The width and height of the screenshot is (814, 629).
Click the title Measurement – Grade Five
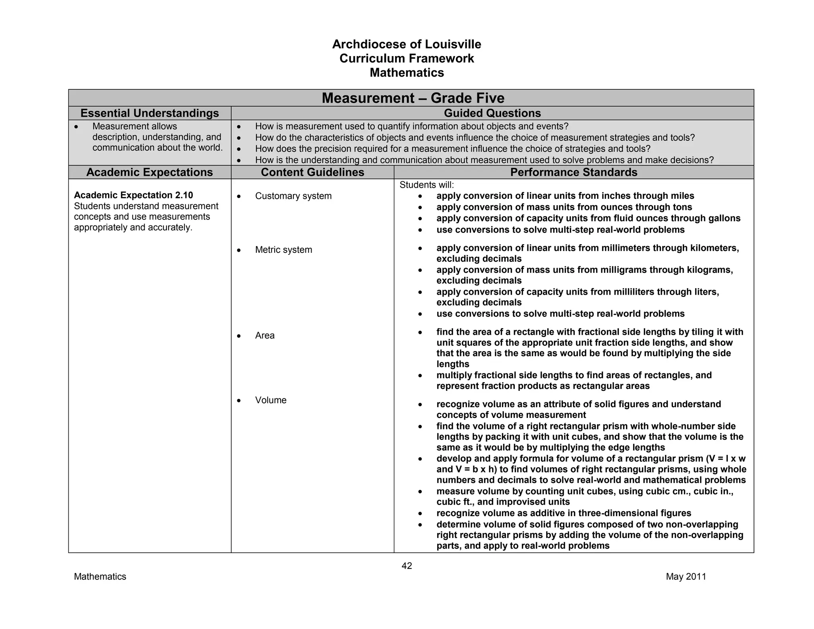tap(413, 98)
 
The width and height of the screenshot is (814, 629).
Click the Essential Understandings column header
tap(149, 113)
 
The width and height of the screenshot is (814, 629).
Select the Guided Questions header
tap(492, 113)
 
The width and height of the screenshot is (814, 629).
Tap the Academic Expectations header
tap(149, 172)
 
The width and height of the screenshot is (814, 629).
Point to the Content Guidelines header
tap(312, 172)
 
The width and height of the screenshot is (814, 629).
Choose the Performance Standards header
tap(574, 172)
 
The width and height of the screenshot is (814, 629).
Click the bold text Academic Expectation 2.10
tap(134, 195)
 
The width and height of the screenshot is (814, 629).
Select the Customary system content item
tap(293, 196)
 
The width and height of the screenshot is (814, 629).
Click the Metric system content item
tap(283, 250)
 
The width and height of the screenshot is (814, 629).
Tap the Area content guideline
tap(265, 336)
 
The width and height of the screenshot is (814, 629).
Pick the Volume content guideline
tap(271, 400)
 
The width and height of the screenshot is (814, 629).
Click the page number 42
tap(407, 566)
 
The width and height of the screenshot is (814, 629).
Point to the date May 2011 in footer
tap(686, 577)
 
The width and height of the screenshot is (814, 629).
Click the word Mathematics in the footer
tap(100, 577)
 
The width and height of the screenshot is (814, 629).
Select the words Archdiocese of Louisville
tap(407, 44)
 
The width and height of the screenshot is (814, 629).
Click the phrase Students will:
tap(426, 185)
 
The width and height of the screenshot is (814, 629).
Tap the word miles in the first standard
tap(682, 196)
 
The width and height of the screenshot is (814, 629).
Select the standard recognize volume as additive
tap(564, 513)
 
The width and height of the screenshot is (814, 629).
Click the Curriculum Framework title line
tap(407, 58)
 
